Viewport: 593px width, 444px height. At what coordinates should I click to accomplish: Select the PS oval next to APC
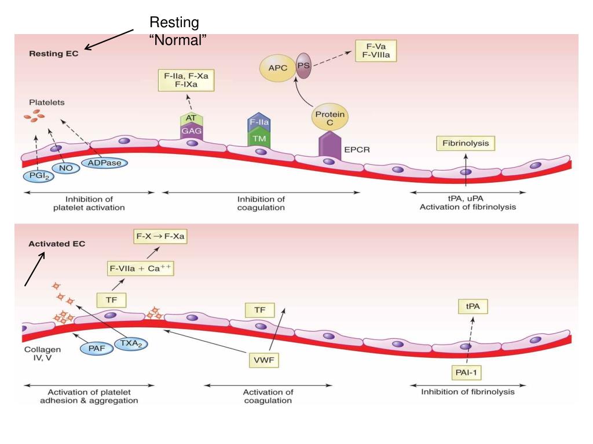click(x=304, y=66)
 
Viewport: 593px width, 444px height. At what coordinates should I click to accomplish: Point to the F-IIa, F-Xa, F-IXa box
click(x=186, y=79)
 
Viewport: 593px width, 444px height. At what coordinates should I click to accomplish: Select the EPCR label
click(x=357, y=150)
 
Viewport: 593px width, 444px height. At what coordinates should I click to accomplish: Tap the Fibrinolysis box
click(x=466, y=143)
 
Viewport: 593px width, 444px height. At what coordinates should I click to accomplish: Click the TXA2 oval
click(x=131, y=343)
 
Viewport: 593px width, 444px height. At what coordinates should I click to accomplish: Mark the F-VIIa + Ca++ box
click(x=141, y=268)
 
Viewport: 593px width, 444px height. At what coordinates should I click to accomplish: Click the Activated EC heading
click(x=57, y=244)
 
